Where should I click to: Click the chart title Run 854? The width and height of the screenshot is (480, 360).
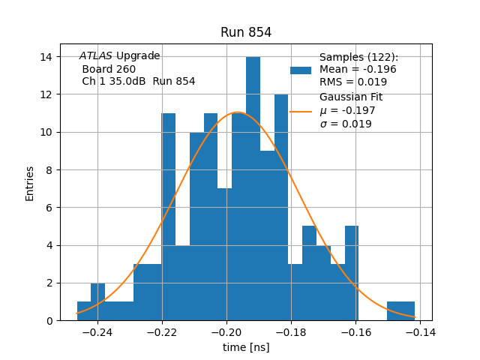(246, 32)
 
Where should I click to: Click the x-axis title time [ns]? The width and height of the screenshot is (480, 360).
(246, 347)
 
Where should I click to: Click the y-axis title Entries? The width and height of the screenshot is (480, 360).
(30, 183)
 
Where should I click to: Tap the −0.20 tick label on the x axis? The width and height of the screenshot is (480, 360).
(226, 331)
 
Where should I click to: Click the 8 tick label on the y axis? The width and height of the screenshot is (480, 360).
(48, 170)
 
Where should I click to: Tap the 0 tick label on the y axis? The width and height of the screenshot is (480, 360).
(48, 321)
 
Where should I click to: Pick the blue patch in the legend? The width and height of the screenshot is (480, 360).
(301, 70)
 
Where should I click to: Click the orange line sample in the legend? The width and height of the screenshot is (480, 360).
(301, 111)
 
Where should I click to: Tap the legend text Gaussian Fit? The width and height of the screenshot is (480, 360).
(351, 97)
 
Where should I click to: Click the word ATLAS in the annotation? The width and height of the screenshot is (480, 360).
(96, 56)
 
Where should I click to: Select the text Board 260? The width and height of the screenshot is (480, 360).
(109, 69)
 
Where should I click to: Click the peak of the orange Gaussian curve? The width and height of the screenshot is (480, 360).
(237, 112)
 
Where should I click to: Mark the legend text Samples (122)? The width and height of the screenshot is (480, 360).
(358, 57)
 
